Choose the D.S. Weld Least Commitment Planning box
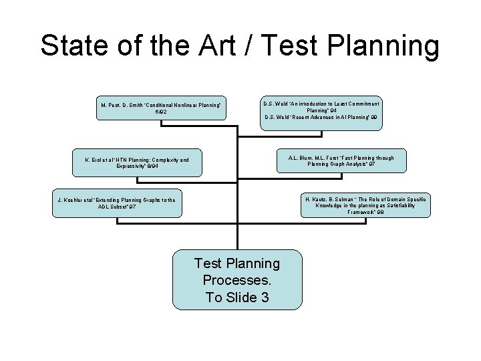click(321, 110)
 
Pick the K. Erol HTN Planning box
click(136, 164)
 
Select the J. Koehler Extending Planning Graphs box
click(117, 203)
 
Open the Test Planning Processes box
click(237, 279)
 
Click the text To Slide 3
click(237, 297)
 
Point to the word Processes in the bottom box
click(237, 279)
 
